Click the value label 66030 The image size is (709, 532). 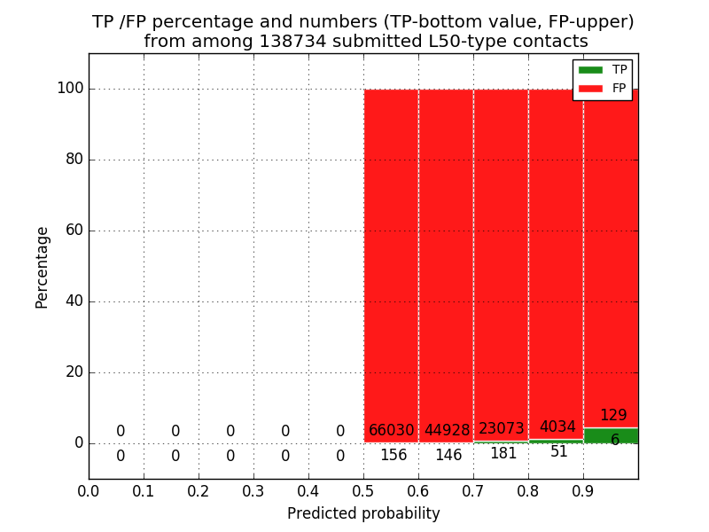392,431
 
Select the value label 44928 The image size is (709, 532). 447,431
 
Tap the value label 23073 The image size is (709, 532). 502,429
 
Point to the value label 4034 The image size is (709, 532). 557,427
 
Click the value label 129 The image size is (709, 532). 613,416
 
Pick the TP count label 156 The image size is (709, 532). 393,456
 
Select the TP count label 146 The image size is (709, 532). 448,456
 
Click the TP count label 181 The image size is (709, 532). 503,454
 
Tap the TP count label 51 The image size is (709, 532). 559,452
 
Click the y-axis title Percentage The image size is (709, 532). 43,267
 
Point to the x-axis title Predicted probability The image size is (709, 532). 363,514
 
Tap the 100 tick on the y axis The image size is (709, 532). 70,89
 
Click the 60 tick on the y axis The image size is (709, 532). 74,231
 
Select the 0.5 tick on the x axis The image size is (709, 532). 363,491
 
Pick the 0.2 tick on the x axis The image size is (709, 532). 199,491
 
